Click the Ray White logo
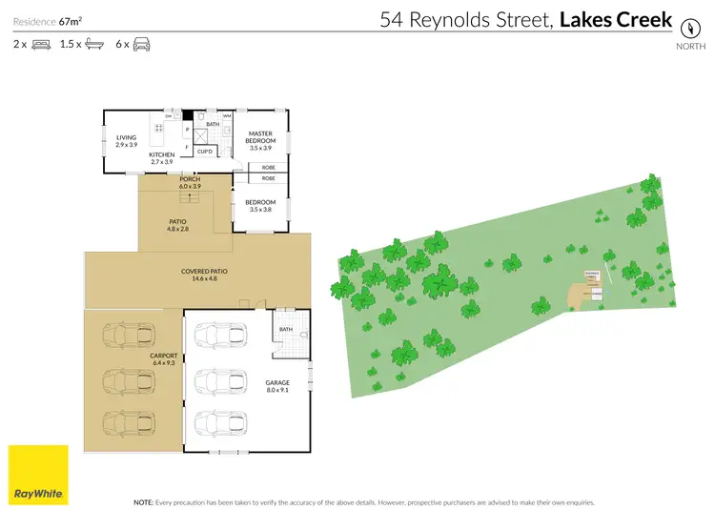click(38, 475)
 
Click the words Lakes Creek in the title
click(616, 20)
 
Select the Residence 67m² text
click(45, 20)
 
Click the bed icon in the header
click(42, 44)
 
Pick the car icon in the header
click(140, 44)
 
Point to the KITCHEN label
click(161, 158)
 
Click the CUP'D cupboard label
click(205, 151)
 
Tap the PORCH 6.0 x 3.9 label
click(190, 181)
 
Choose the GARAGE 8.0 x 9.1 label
click(277, 387)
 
